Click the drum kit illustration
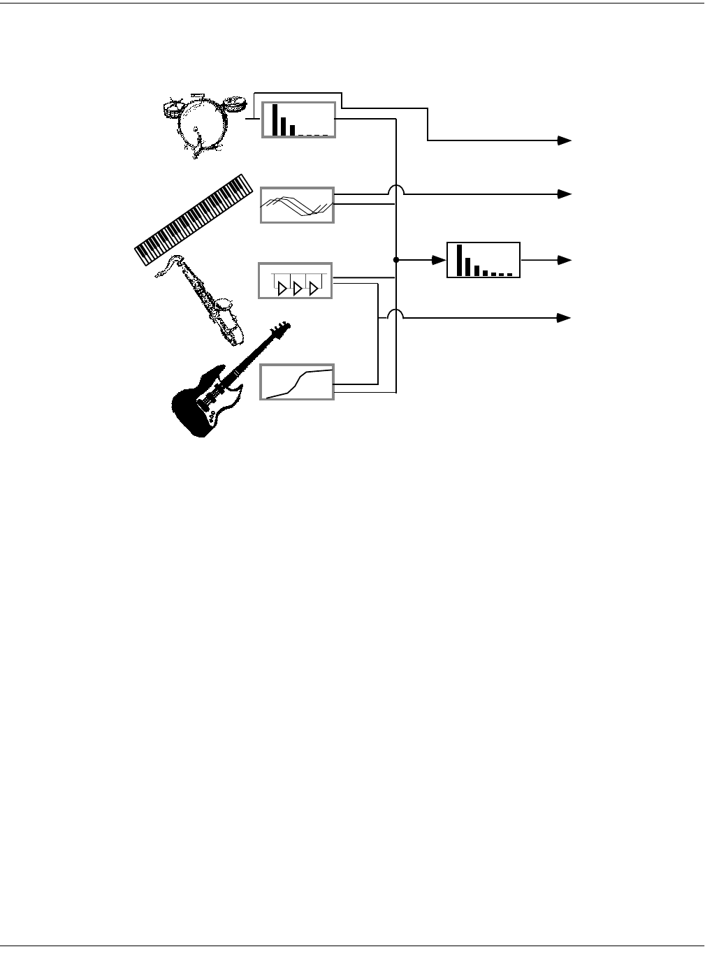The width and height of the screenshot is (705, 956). point(203,126)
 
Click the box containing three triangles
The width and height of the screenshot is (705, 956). point(296,281)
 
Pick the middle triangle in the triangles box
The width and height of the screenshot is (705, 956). point(296,287)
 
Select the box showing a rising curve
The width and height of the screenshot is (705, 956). point(297,382)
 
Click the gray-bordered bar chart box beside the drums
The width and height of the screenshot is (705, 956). point(299,119)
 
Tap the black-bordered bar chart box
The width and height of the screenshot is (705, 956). point(484,260)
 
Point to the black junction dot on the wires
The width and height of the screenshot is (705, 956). point(396,260)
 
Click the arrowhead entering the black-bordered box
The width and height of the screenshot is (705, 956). point(440,260)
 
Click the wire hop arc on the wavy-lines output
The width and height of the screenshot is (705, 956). point(396,190)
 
